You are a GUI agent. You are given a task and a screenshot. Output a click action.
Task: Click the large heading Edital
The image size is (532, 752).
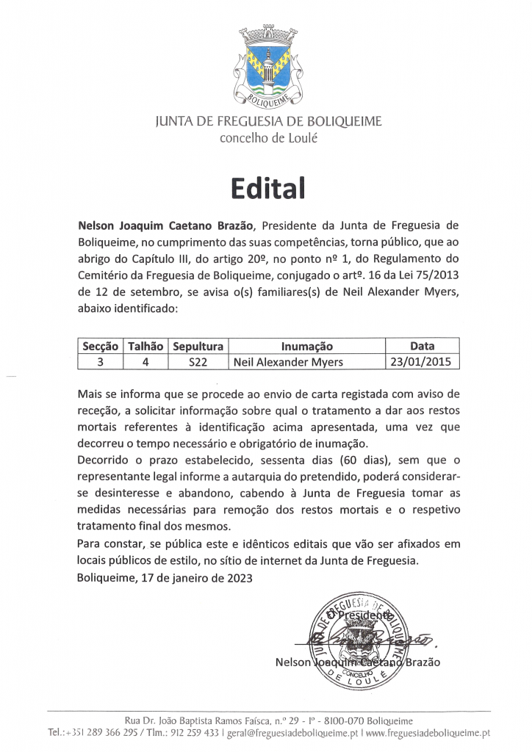click(266, 188)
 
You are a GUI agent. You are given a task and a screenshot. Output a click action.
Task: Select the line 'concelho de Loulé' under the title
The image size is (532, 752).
click(269, 138)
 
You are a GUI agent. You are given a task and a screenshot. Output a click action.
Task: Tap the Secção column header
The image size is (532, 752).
click(100, 346)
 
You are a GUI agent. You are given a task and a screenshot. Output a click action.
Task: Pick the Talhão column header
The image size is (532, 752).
click(145, 346)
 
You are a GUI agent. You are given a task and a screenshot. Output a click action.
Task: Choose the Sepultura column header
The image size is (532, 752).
click(198, 346)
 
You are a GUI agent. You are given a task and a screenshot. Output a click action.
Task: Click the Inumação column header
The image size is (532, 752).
click(306, 346)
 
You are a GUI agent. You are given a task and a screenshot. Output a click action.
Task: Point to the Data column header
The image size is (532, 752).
click(423, 346)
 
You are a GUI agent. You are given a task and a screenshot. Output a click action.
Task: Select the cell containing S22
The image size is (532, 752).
click(198, 361)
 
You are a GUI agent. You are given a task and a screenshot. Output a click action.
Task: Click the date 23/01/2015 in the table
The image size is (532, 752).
click(423, 361)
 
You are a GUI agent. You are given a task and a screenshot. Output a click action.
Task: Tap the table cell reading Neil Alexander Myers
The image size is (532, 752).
click(288, 362)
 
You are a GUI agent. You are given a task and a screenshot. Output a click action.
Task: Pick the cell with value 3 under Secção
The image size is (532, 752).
click(100, 361)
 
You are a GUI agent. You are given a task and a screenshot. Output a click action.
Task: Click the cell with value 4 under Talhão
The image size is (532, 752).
click(145, 361)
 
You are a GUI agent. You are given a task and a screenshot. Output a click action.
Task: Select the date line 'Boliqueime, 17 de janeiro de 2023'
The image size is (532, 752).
click(165, 578)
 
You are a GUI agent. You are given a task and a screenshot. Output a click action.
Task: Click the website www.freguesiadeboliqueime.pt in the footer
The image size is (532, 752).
click(428, 733)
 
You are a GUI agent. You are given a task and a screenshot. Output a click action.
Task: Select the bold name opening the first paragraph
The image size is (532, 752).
click(166, 224)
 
